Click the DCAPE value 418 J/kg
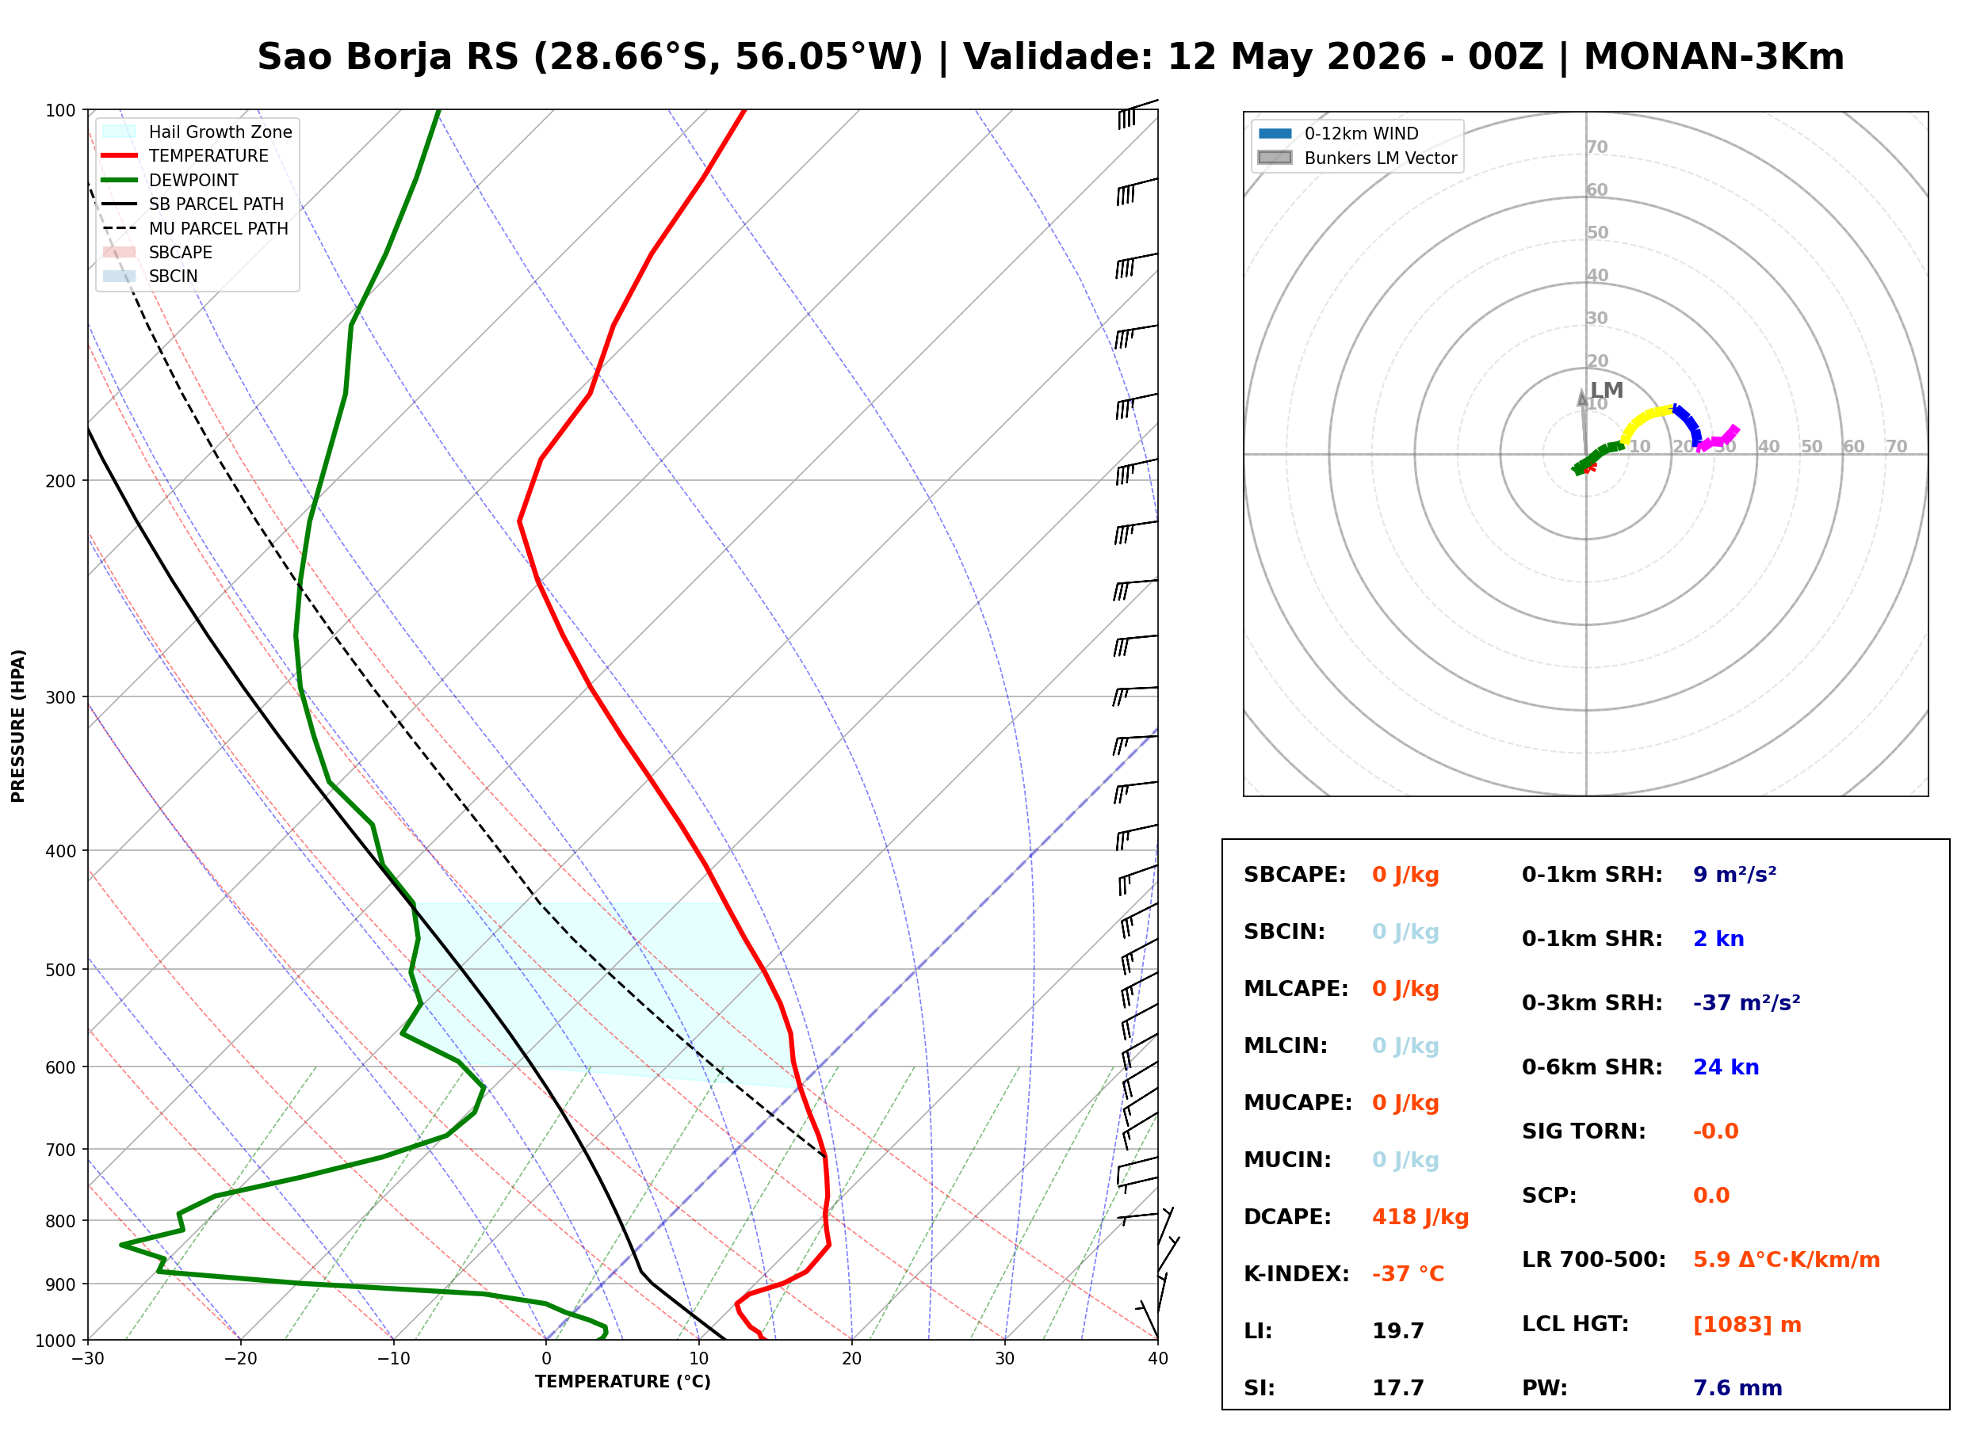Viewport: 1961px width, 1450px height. (x=1420, y=1217)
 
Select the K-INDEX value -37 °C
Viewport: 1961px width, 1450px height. (x=1407, y=1274)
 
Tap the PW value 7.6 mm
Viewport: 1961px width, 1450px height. (x=1737, y=1388)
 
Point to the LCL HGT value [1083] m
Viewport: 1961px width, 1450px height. (x=1747, y=1325)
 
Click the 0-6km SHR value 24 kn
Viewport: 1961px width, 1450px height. (x=1726, y=1067)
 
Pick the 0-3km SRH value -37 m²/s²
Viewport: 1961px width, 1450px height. (x=1746, y=1002)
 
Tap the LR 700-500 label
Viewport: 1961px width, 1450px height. (x=1593, y=1261)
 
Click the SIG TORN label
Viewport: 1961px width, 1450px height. (x=1584, y=1131)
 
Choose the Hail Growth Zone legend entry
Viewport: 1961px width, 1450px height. (x=197, y=132)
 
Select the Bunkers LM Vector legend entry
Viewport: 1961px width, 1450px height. (x=1357, y=158)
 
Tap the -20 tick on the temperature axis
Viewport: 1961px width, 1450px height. (x=239, y=1359)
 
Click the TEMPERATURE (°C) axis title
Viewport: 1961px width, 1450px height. (x=622, y=1383)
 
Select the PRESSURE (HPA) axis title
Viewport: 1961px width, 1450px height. (x=18, y=726)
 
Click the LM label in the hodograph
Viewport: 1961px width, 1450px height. (x=1607, y=391)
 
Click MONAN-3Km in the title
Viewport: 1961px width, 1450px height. (x=1714, y=57)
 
